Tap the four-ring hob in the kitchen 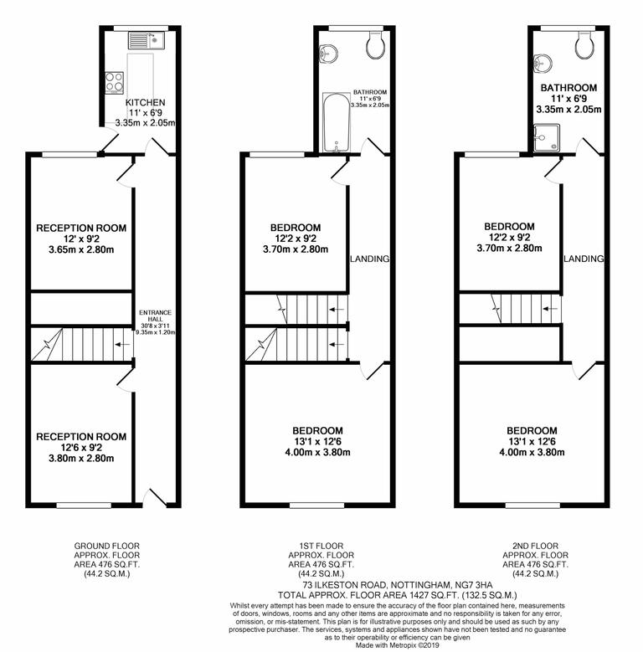coord(114,82)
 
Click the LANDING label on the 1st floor coord(369,259)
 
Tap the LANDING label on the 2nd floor coord(583,259)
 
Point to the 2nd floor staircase coord(511,310)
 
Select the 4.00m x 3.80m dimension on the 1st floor coord(316,453)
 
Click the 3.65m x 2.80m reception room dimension coord(81,249)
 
